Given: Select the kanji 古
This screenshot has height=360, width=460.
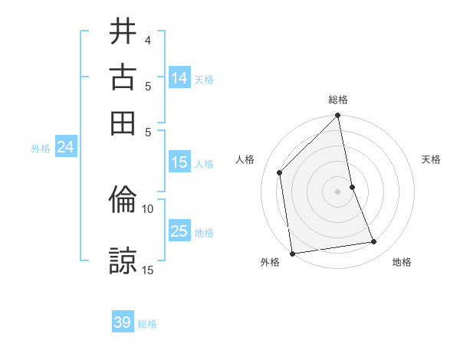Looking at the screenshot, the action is coord(123,77).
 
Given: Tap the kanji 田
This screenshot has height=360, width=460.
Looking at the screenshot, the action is coord(123,123).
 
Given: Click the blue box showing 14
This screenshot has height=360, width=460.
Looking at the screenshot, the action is coord(179,78).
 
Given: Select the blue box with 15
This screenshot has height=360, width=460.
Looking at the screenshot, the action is coord(179,162).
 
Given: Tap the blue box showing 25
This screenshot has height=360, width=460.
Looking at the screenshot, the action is coord(179,231).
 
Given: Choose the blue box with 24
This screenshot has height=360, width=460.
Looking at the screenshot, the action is coord(65,148).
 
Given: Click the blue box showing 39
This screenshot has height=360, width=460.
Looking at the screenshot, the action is coord(123,322).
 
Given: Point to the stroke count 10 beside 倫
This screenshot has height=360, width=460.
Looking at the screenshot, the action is coord(147,208).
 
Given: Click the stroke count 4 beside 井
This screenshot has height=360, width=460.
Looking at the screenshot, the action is coord(147,39).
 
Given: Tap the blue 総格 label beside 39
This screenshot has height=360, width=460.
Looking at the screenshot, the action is coord(147,324).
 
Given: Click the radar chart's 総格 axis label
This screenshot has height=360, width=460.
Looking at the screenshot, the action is coord(338,100).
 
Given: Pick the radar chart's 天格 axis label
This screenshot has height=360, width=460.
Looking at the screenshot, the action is coord(432,159).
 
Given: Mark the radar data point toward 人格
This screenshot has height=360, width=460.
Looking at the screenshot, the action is coord(280,172).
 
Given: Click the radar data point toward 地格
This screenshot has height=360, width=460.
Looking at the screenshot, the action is coord(374,242).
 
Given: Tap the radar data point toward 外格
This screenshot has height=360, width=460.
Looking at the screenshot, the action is coord(292,254).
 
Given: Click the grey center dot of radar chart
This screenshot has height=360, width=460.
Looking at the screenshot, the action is coord(338,191).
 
